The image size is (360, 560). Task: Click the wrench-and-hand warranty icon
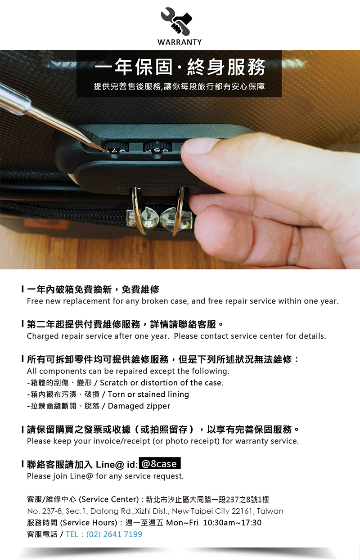tap(176, 21)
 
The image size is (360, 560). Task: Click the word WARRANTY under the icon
tap(180, 42)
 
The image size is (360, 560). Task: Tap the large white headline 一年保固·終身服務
tap(180, 67)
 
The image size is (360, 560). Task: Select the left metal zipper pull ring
tap(137, 210)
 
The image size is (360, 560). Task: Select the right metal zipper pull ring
tap(178, 210)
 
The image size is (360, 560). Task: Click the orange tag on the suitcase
tap(46, 223)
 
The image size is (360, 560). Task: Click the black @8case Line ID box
tap(160, 464)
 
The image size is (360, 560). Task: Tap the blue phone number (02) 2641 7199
tap(114, 534)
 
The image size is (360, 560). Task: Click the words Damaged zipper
tap(139, 406)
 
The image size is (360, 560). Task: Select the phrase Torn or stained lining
tap(148, 394)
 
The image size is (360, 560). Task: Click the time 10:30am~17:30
tap(232, 523)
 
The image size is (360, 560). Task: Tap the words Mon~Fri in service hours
tap(182, 523)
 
